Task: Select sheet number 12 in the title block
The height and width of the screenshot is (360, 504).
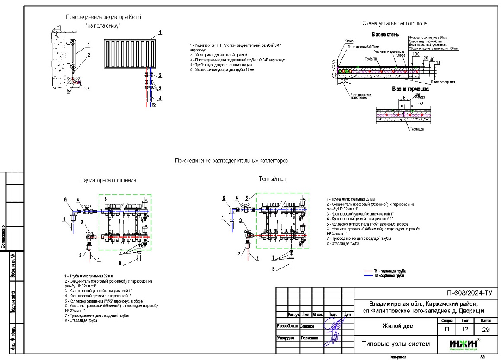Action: tap(465, 330)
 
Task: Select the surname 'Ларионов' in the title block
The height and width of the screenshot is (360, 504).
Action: tap(309, 338)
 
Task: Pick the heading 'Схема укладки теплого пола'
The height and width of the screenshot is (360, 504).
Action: tap(395, 23)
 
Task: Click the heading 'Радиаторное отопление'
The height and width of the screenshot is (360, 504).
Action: tap(108, 180)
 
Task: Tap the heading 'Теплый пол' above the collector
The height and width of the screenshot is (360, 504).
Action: tap(272, 178)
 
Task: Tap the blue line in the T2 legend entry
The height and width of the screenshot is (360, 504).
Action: tap(368, 275)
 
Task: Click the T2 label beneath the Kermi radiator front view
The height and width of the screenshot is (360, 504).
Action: tap(153, 105)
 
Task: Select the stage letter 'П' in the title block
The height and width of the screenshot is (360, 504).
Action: tap(447, 330)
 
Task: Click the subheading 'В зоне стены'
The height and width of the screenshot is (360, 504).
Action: tap(386, 34)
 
